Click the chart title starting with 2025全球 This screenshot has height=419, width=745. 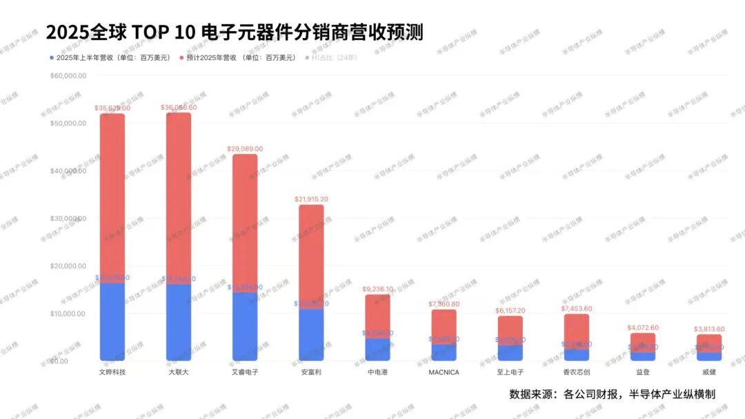[x=235, y=32]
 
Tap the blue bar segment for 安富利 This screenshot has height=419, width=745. [x=311, y=335]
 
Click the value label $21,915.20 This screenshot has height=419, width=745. [x=311, y=199]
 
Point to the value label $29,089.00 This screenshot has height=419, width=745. [x=245, y=148]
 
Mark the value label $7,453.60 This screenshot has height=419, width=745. [x=576, y=309]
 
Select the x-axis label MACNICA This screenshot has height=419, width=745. [x=444, y=372]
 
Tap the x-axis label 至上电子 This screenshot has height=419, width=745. [x=510, y=372]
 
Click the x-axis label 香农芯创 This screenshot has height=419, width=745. [x=576, y=372]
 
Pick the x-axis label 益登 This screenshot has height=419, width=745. [x=642, y=372]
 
